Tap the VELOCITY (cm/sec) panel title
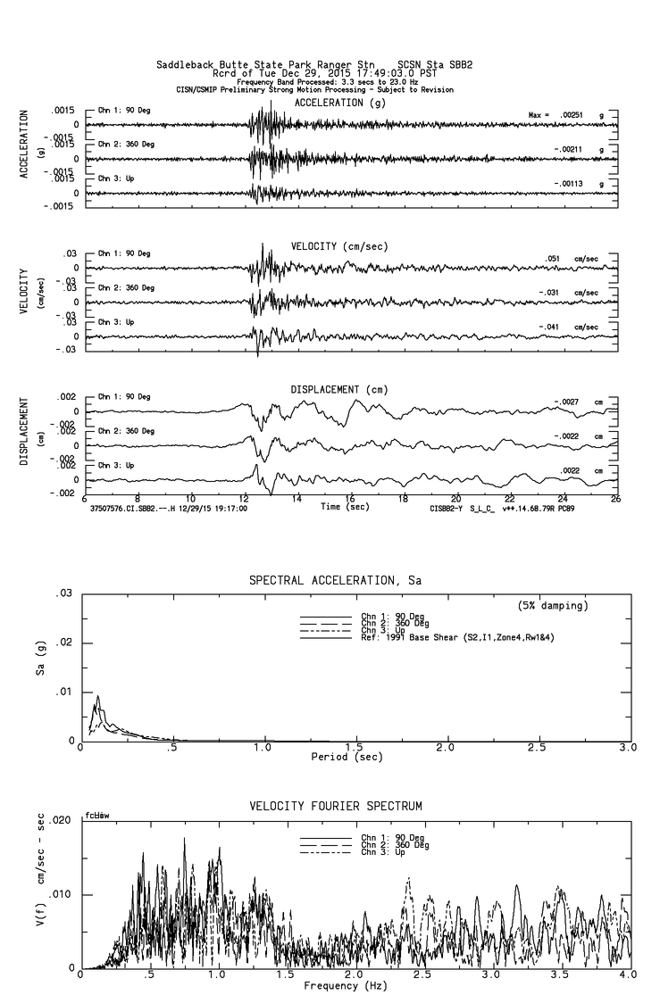click(338, 245)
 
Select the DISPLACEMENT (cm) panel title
click(338, 389)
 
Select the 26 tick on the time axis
click(615, 498)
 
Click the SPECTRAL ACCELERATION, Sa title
click(335, 580)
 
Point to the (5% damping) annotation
click(553, 606)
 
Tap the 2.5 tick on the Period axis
click(536, 747)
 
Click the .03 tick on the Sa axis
click(63, 593)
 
